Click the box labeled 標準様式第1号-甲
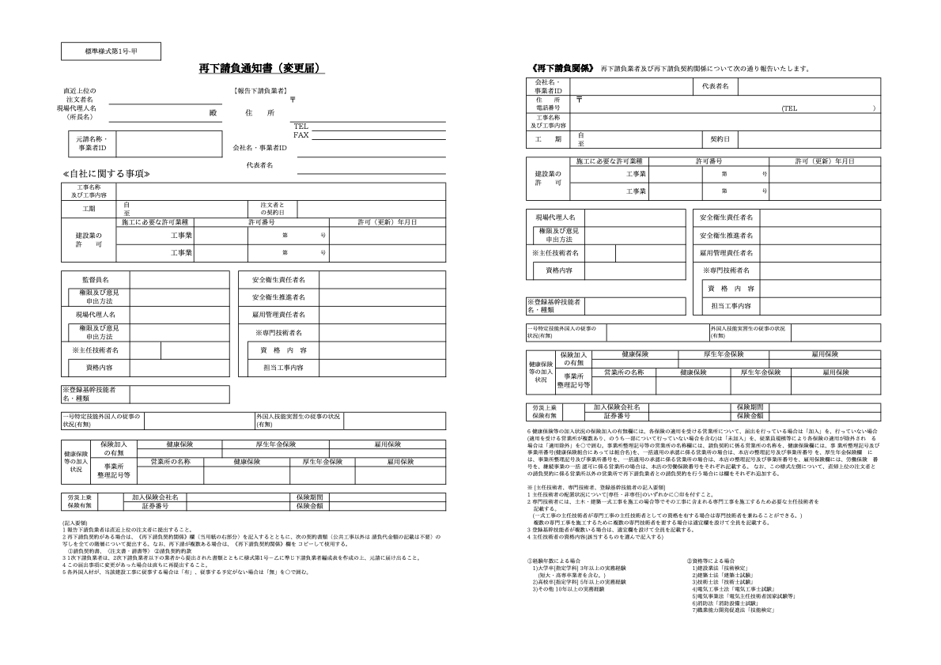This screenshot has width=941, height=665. pos(111,51)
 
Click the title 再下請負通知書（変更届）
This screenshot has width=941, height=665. pos(261,70)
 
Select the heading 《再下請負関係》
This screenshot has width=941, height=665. pos(563,68)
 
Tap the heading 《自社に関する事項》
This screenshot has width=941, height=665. pos(105,173)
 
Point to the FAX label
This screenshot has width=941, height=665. pos(300,134)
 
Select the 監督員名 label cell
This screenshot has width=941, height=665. pos(96,279)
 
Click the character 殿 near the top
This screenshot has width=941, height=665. pos(212,113)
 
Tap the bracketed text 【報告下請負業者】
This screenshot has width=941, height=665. pos(260,91)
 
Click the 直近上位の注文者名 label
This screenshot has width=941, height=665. pos(79,95)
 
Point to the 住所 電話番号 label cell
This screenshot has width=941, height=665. pos(548,104)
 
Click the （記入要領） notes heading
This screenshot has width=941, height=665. pos(77,523)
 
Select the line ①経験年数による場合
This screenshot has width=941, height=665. pos(553,561)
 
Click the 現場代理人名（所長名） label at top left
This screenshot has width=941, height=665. pos(77,112)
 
